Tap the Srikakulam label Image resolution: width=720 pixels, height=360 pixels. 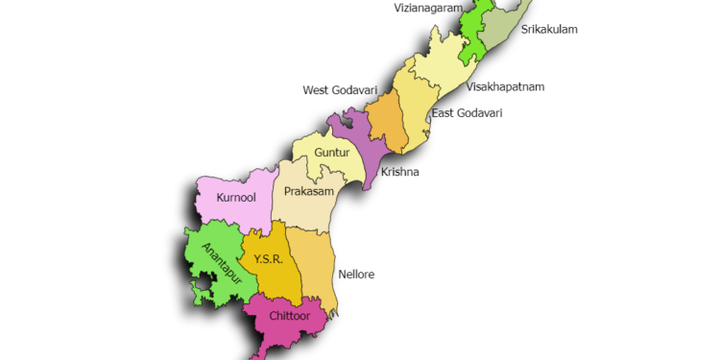point(549,30)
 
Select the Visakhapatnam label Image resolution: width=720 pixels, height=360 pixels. point(505,86)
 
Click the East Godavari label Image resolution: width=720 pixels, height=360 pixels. point(467,113)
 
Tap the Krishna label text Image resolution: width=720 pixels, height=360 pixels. point(399,173)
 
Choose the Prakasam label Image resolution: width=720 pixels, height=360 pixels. point(308,192)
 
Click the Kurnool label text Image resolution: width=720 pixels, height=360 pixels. point(235,199)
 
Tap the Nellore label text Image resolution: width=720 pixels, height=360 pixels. point(356,275)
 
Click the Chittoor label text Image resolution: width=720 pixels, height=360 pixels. point(288,314)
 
